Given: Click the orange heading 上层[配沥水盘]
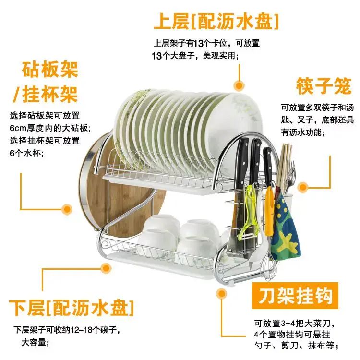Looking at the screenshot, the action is [x=216, y=22].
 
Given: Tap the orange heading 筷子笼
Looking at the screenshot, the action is [x=324, y=86].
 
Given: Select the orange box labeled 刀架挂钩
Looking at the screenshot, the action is [x=295, y=296].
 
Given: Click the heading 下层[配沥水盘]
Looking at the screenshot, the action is [x=71, y=308].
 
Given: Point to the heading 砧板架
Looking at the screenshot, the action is [x=50, y=70].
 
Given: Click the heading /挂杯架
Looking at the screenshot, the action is [x=46, y=94].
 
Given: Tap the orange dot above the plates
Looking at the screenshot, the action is [x=239, y=85].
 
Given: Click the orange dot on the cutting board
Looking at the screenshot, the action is [x=67, y=209].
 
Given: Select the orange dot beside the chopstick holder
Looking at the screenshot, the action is [x=303, y=187].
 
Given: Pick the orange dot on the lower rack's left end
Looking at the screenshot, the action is [x=106, y=268].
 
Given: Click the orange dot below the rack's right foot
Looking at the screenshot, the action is [x=222, y=293].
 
